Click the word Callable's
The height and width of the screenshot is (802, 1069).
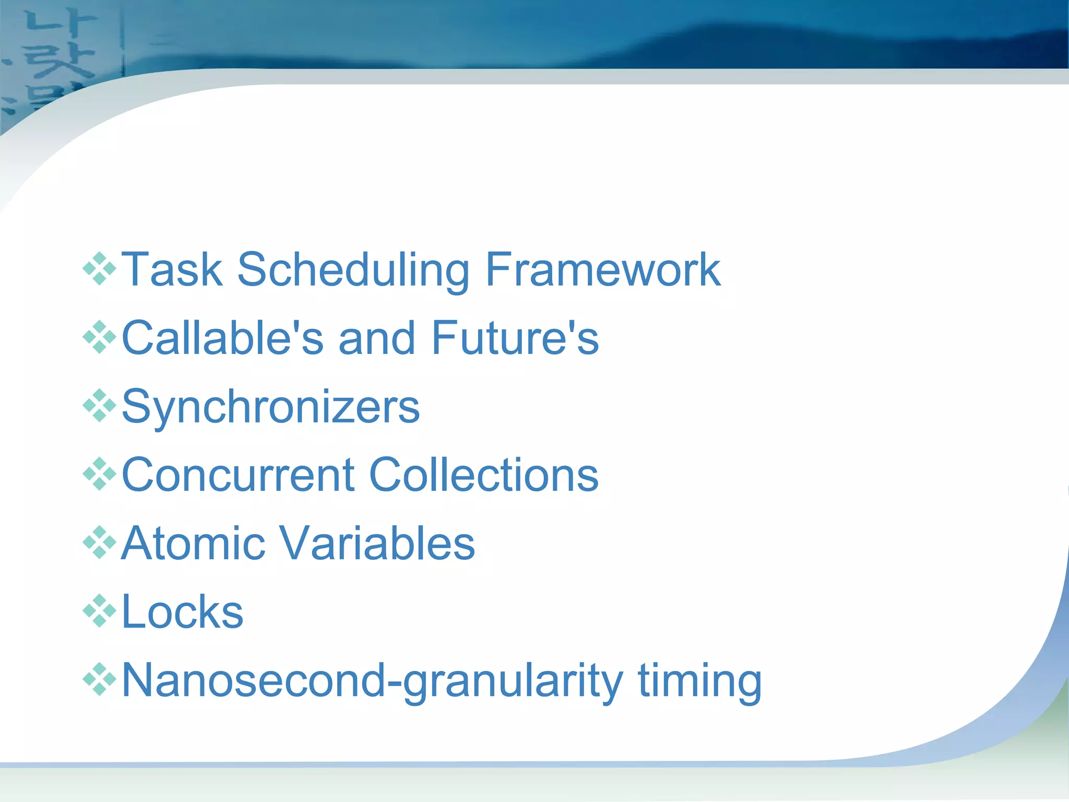coord(222,338)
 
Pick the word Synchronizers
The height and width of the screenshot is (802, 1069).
coord(270,408)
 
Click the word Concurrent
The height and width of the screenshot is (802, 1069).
coord(238,475)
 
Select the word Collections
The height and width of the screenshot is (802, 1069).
coord(484,475)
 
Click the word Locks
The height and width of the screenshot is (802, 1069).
coord(182,611)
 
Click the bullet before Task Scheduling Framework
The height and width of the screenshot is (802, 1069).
coord(99,269)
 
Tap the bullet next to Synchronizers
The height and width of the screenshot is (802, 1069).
coord(99,406)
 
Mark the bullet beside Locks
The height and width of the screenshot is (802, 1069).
coord(99,610)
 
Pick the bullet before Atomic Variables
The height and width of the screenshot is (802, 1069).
coord(99,542)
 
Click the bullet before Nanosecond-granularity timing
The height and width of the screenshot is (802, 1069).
coord(99,679)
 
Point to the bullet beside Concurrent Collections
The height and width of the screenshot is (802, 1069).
coord(99,474)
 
